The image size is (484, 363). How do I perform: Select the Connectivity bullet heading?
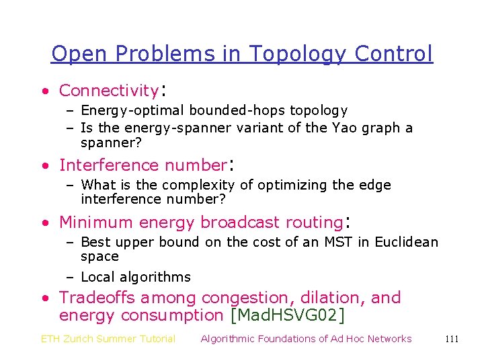tap(108, 90)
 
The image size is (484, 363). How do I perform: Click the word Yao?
tap(345, 128)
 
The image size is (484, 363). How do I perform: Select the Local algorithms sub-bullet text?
tap(136, 277)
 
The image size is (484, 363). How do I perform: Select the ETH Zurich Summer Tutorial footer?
tap(108, 339)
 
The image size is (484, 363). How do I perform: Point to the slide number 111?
tap(452, 339)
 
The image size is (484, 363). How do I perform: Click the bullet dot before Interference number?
tap(44, 165)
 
